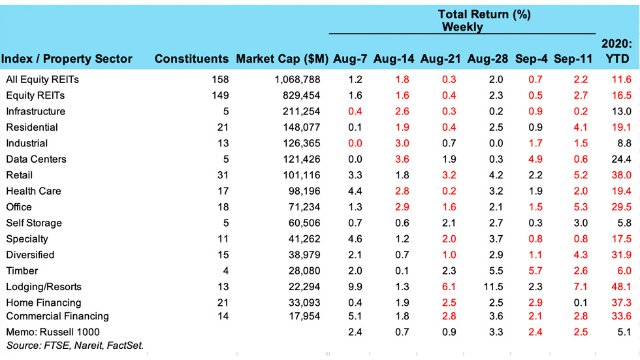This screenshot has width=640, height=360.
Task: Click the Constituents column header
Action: pos(191,59)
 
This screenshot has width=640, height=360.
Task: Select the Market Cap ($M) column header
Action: pos(282,59)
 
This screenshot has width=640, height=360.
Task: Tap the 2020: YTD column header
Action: pos(617,52)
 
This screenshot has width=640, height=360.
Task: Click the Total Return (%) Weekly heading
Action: pos(484,20)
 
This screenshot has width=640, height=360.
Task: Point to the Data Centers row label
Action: pos(36,159)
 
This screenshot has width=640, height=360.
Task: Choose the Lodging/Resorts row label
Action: pos(44,287)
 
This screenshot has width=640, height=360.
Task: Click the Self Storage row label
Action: pos(34,223)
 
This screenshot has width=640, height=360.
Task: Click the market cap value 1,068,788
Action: pos(296,80)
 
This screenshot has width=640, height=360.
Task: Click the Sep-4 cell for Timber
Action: pos(536,271)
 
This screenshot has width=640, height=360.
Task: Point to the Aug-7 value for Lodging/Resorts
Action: pos(355,287)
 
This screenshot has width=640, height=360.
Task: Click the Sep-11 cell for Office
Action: pos(579,207)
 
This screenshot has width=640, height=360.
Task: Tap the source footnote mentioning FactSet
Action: pos(75,345)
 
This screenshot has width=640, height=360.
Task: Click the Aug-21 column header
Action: pos(441,59)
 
